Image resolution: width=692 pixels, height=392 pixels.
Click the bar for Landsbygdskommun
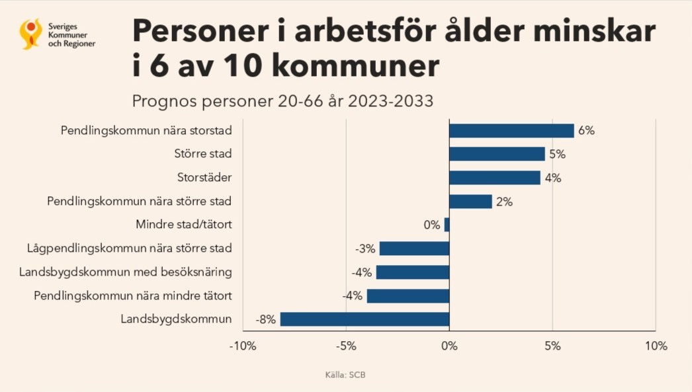(x=365, y=319)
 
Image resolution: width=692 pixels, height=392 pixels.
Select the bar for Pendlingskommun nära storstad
(x=511, y=131)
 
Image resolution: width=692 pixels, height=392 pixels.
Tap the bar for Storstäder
(x=495, y=178)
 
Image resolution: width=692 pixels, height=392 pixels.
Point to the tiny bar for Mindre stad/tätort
(x=447, y=225)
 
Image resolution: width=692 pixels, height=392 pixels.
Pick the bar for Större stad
(x=497, y=154)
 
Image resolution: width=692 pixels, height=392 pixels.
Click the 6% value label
(x=586, y=131)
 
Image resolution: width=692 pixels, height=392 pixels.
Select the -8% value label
(x=265, y=320)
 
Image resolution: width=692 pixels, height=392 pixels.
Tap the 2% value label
(x=504, y=202)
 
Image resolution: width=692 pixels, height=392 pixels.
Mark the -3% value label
(x=365, y=249)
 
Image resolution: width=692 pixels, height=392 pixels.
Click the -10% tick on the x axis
(x=242, y=346)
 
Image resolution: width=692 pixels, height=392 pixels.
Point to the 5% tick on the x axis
(x=552, y=346)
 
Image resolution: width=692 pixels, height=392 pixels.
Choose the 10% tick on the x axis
(x=655, y=346)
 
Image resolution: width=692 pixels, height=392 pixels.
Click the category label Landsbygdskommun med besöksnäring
(x=126, y=272)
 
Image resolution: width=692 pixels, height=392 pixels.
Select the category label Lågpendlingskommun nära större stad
(x=130, y=249)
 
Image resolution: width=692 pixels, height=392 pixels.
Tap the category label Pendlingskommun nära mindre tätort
(x=133, y=295)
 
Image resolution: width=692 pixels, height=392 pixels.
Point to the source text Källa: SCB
(x=345, y=375)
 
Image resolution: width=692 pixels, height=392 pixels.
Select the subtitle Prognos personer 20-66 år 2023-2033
(x=282, y=101)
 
